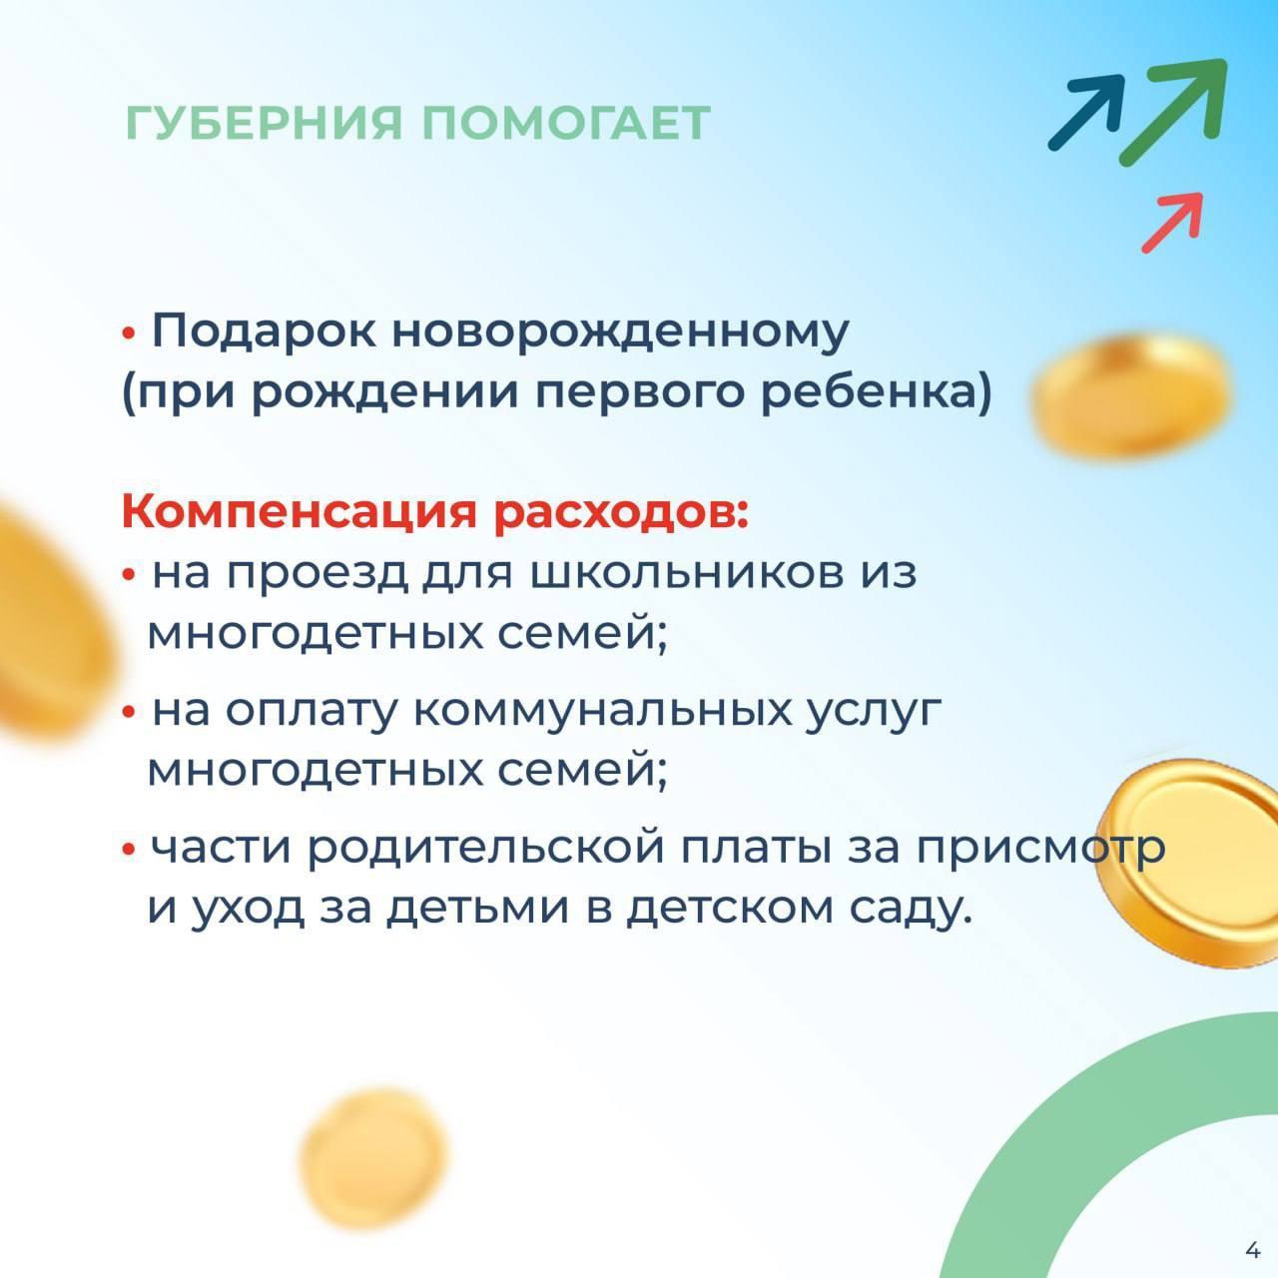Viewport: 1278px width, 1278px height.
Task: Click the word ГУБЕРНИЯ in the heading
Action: click(x=264, y=123)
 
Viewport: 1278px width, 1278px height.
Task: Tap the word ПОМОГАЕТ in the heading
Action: click(x=566, y=123)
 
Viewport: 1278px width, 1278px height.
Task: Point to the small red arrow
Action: click(x=1172, y=223)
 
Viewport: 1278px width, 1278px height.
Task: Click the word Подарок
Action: click(x=263, y=330)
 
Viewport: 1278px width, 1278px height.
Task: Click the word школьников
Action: click(x=688, y=572)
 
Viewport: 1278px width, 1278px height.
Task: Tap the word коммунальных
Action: click(x=601, y=711)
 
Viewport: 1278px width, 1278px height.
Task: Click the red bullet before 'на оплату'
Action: click(x=129, y=713)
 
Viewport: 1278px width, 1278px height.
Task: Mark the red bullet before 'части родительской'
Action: click(x=129, y=850)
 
